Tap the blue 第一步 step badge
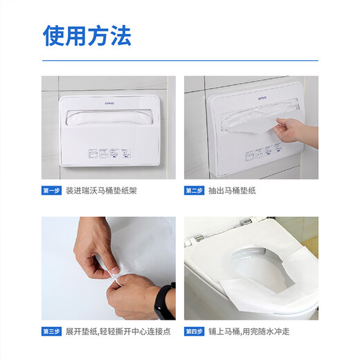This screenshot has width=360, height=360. [x=53, y=190]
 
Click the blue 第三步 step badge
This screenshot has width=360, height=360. [x=53, y=332]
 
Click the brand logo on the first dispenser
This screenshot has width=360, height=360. [x=107, y=100]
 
